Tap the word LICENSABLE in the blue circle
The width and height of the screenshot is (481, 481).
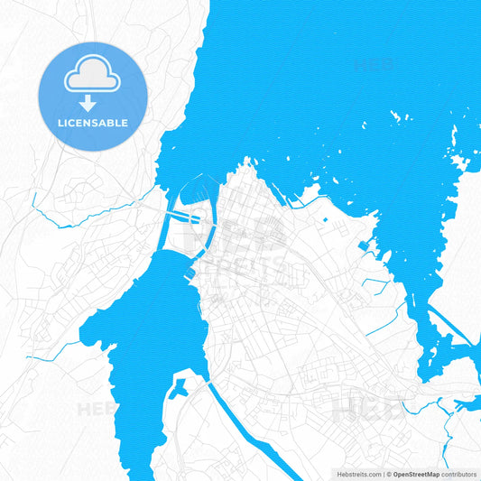pyautogui.click(x=92, y=123)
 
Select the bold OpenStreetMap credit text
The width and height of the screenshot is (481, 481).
pyautogui.click(x=417, y=474)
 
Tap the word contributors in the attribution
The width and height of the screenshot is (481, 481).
pyautogui.click(x=459, y=474)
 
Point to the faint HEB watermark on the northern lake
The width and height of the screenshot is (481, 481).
pyautogui.click(x=372, y=65)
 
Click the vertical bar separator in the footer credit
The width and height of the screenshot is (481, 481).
pyautogui.click(x=384, y=474)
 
